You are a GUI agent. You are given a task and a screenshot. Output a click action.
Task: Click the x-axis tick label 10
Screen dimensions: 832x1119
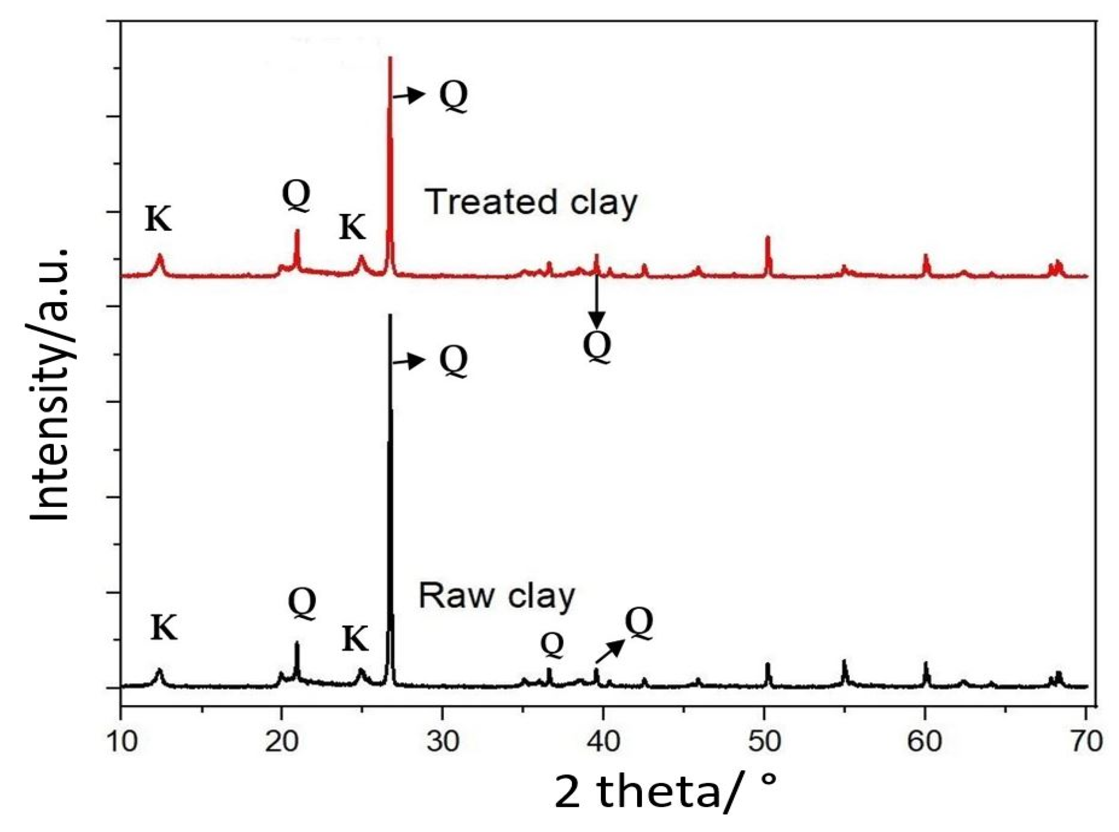click(121, 742)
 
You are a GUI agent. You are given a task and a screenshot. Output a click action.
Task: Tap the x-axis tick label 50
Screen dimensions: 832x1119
click(764, 742)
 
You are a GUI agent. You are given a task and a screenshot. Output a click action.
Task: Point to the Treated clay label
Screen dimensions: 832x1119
click(532, 202)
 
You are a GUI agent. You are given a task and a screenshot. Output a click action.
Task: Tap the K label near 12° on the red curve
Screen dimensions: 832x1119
click(158, 220)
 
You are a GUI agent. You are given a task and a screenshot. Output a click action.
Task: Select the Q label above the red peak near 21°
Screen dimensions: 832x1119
click(296, 196)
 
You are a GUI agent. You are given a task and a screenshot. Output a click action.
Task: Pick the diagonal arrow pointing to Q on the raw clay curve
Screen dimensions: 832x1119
click(610, 651)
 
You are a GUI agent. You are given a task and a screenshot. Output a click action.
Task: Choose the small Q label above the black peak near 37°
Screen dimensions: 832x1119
click(552, 646)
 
